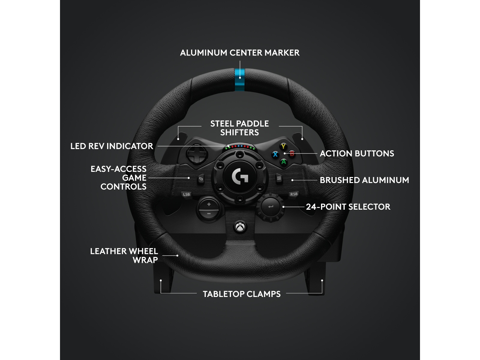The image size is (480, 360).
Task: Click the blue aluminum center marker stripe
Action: tap(240, 80)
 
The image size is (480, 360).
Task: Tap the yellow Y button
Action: tap(283, 146)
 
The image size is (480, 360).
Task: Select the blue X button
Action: tap(275, 154)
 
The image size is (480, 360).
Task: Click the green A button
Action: tap(283, 162)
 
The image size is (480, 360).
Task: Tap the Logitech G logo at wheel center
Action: tap(240, 176)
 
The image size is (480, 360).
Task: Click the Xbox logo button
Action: tap(240, 227)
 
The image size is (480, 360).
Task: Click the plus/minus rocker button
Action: tap(209, 209)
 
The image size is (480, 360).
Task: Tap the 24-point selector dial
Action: tap(270, 207)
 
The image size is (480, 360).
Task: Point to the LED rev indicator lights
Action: tap(240, 147)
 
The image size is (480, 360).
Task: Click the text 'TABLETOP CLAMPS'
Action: tap(241, 294)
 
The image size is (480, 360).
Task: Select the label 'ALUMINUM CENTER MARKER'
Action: tap(240, 53)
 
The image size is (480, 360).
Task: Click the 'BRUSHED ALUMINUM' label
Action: tap(364, 180)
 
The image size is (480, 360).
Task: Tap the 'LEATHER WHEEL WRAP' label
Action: tap(124, 255)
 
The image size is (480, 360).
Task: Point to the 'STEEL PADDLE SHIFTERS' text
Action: tap(239, 128)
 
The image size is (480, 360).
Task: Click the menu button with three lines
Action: tap(279, 178)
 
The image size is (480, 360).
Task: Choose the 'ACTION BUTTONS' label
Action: tap(357, 154)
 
